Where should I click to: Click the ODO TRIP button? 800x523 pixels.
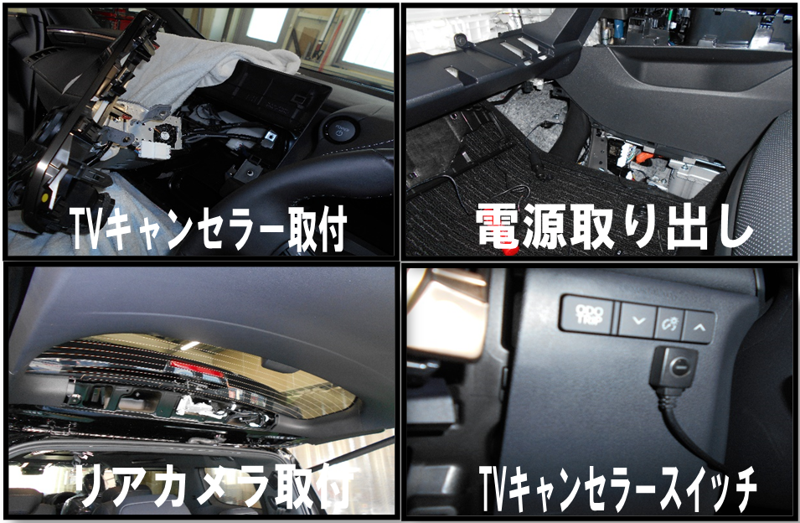[589, 314]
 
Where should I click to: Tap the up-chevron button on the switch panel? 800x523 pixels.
[699, 327]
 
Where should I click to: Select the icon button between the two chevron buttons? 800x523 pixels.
[668, 323]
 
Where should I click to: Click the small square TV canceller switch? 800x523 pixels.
[674, 367]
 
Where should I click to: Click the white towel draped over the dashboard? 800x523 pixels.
[204, 66]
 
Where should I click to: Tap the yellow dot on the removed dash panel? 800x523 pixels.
[46, 198]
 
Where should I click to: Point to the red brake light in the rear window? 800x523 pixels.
[196, 369]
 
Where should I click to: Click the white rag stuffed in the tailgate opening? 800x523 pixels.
[196, 406]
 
